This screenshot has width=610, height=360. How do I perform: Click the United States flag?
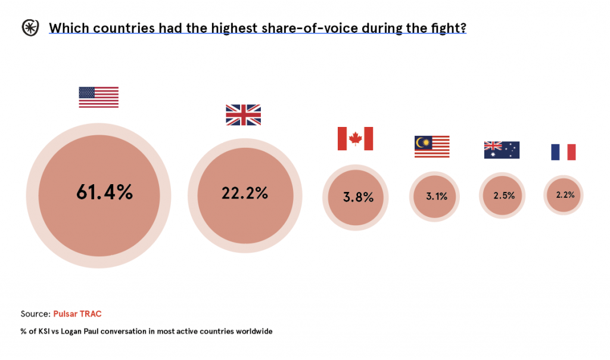pyautogui.click(x=98, y=97)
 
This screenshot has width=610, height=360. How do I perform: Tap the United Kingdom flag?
pyautogui.click(x=243, y=114)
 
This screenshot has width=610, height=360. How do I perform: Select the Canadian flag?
pyautogui.click(x=355, y=138)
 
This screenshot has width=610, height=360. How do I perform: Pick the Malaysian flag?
pyautogui.click(x=432, y=147)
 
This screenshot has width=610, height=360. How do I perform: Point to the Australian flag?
pyautogui.click(x=502, y=150)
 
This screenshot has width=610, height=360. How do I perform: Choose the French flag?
pyautogui.click(x=563, y=152)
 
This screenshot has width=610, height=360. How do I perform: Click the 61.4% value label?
pyautogui.click(x=104, y=192)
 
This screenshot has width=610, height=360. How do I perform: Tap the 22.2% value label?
pyautogui.click(x=245, y=193)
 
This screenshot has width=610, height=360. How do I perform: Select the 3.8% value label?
pyautogui.click(x=358, y=197)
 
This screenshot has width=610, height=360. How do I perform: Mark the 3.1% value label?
pyautogui.click(x=437, y=196)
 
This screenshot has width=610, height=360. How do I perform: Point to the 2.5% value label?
pyautogui.click(x=504, y=195)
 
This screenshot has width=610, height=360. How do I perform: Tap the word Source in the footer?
pyautogui.click(x=35, y=314)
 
